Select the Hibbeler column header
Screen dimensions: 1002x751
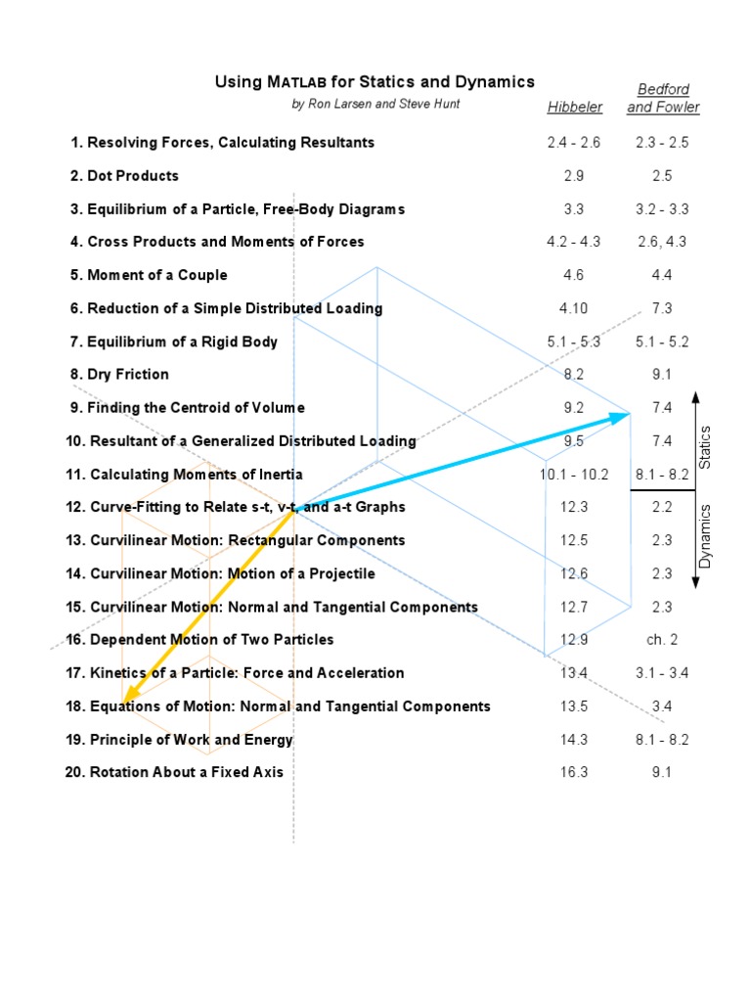[x=575, y=108]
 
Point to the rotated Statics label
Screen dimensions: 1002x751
[x=706, y=445]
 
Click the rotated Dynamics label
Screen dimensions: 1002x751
[x=706, y=535]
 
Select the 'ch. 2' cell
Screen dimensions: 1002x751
[x=662, y=640]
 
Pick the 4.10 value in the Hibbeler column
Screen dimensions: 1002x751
[x=574, y=308]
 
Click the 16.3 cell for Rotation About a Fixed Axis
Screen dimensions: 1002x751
[x=574, y=773]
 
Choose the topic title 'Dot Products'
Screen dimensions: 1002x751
[x=133, y=176]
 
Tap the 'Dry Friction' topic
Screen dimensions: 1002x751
[x=127, y=375]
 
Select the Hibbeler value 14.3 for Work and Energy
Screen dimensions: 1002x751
[x=574, y=740]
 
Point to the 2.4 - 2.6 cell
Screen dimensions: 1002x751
[x=574, y=143]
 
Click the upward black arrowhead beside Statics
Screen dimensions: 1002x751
[x=695, y=396]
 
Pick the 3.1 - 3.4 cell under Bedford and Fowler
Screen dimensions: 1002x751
[x=662, y=673]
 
